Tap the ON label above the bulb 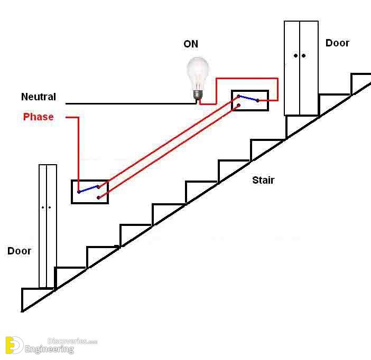[191, 44]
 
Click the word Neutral [39, 97]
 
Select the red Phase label [39, 117]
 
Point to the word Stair [263, 180]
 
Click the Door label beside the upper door [337, 43]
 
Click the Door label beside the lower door [19, 251]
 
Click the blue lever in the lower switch [89, 189]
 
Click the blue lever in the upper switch [248, 98]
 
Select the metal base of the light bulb [198, 95]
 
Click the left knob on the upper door [295, 55]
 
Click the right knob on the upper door [303, 55]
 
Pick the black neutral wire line [131, 103]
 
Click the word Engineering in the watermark [49, 349]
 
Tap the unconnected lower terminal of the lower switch [99, 197]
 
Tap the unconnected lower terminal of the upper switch [238, 106]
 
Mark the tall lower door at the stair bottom [48, 226]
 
